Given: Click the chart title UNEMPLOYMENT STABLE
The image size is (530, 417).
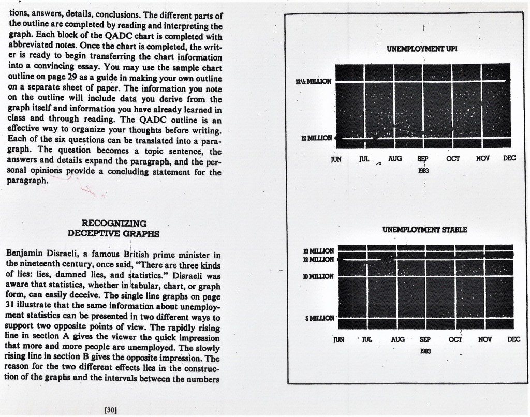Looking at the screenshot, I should coord(424,229).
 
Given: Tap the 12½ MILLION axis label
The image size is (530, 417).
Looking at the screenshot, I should coord(314,82).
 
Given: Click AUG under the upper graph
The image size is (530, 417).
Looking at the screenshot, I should coord(395,158).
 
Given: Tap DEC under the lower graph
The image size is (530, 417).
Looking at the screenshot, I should coord(513,339).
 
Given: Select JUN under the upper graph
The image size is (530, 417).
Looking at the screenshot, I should coord(336,159).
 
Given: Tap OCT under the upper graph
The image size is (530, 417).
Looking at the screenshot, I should coord(453,158).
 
